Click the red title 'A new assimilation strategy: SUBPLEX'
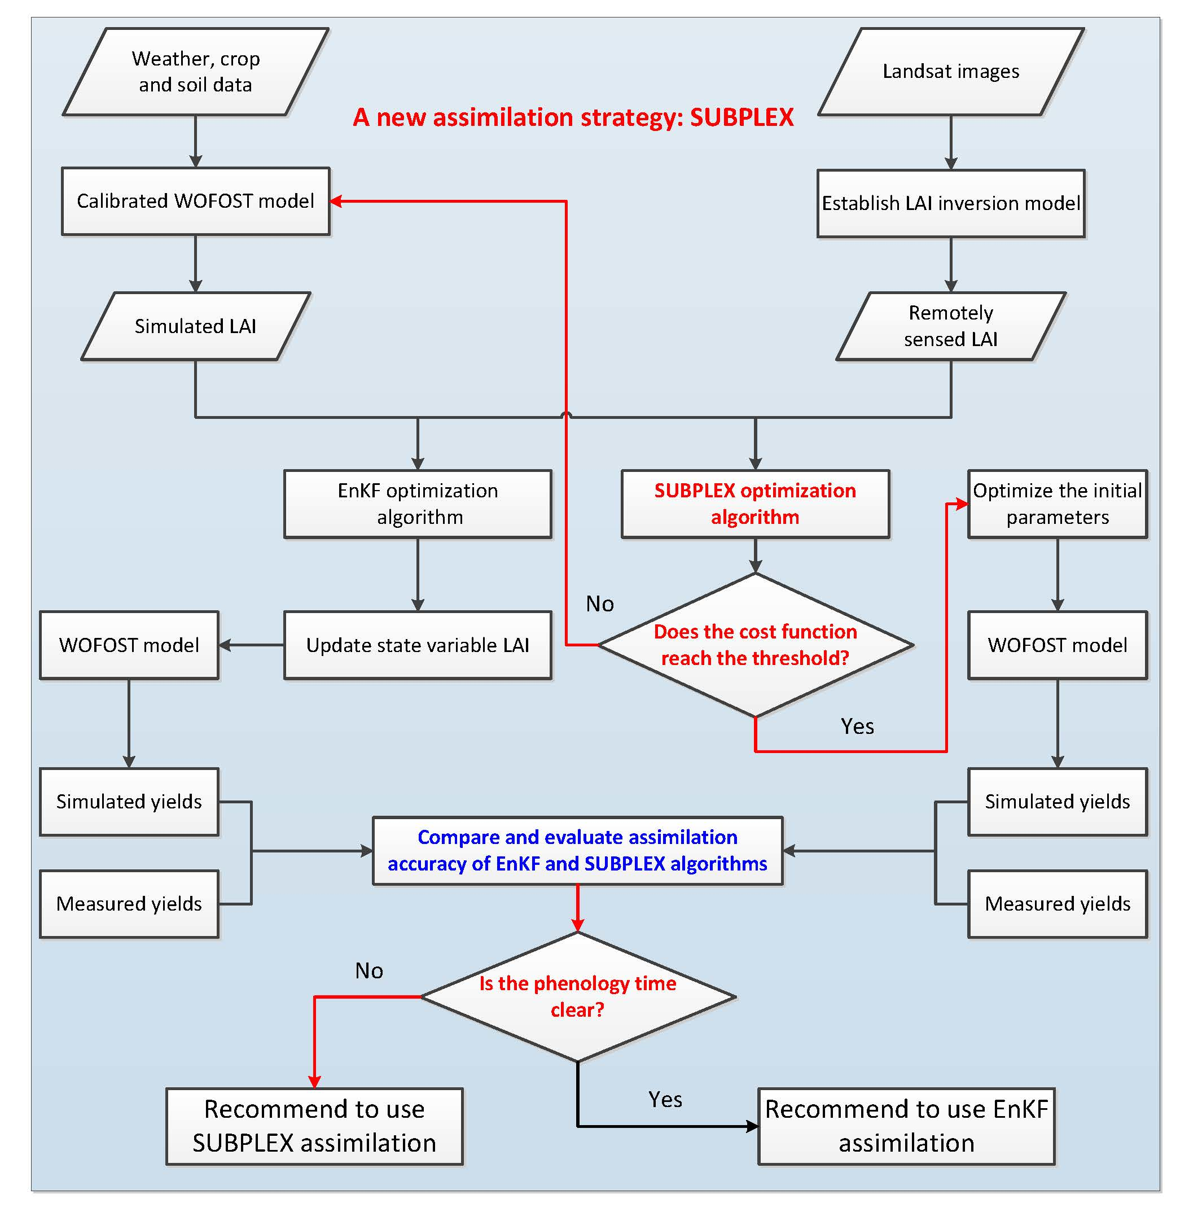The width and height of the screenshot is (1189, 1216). (573, 117)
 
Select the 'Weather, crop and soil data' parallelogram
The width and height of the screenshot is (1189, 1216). (195, 72)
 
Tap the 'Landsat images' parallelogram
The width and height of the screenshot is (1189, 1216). (950, 72)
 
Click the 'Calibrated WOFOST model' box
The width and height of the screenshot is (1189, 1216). (195, 201)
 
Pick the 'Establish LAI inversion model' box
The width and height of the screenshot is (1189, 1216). (950, 204)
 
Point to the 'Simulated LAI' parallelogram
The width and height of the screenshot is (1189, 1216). (195, 326)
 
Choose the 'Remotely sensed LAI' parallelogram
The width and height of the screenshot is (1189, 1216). (950, 326)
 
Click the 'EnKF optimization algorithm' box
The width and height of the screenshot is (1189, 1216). (418, 504)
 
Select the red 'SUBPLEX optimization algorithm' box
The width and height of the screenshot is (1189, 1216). (755, 504)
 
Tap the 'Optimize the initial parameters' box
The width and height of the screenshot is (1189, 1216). (1058, 504)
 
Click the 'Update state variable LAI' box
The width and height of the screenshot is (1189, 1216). (418, 645)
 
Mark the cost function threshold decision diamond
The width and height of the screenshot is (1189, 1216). (755, 645)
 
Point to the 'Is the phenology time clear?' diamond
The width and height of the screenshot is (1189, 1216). (578, 996)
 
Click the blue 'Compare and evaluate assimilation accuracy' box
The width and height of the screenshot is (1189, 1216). (578, 850)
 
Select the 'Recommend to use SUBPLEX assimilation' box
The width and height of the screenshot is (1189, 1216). (314, 1126)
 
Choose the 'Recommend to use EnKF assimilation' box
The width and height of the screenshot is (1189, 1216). (906, 1126)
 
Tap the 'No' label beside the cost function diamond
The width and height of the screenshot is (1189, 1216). (599, 603)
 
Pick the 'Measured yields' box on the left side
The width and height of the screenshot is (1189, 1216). (129, 904)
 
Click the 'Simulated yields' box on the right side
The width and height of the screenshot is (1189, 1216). (1058, 802)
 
